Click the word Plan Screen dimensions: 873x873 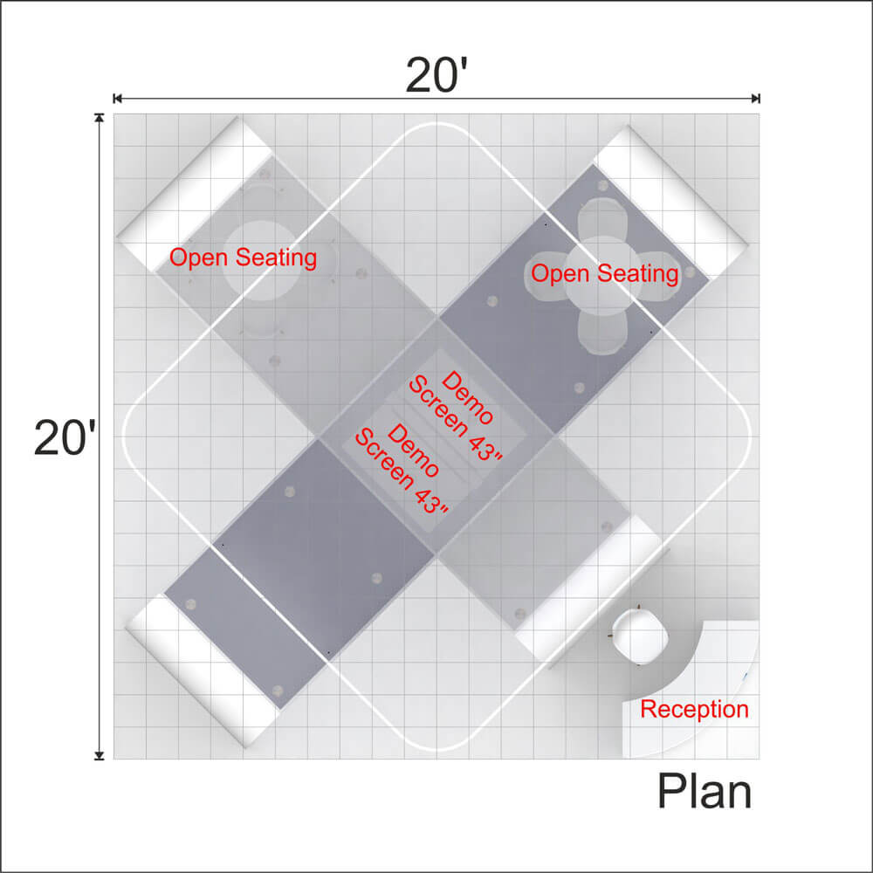705,791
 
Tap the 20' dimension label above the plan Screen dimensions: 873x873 436,75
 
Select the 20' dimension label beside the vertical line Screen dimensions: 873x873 65,437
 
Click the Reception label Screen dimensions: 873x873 694,709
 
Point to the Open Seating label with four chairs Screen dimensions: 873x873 605,274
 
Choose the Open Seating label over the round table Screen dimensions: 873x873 243,258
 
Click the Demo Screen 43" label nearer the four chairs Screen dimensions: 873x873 456,416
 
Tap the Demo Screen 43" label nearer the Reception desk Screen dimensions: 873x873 402,469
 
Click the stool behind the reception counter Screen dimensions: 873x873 640,636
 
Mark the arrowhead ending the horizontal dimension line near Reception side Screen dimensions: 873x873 755,99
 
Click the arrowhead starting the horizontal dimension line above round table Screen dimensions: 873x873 118,99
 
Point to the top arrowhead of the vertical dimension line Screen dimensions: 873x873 100,118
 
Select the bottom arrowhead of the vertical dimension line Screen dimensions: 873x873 100,755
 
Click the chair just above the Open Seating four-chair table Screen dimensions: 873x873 601,219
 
